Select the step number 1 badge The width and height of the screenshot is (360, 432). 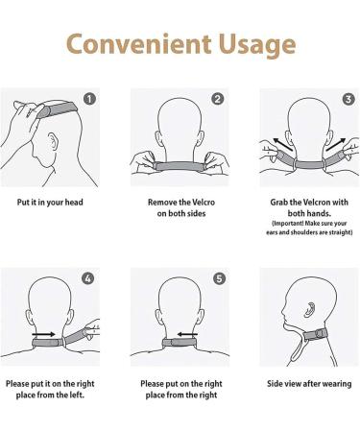coord(89,98)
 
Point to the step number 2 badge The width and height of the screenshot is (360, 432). coord(218,98)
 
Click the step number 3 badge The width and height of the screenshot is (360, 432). coord(346,98)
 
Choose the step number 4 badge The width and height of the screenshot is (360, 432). coord(89,278)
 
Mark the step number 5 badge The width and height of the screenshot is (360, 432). coord(218,278)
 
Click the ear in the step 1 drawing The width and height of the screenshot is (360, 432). coord(49,149)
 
